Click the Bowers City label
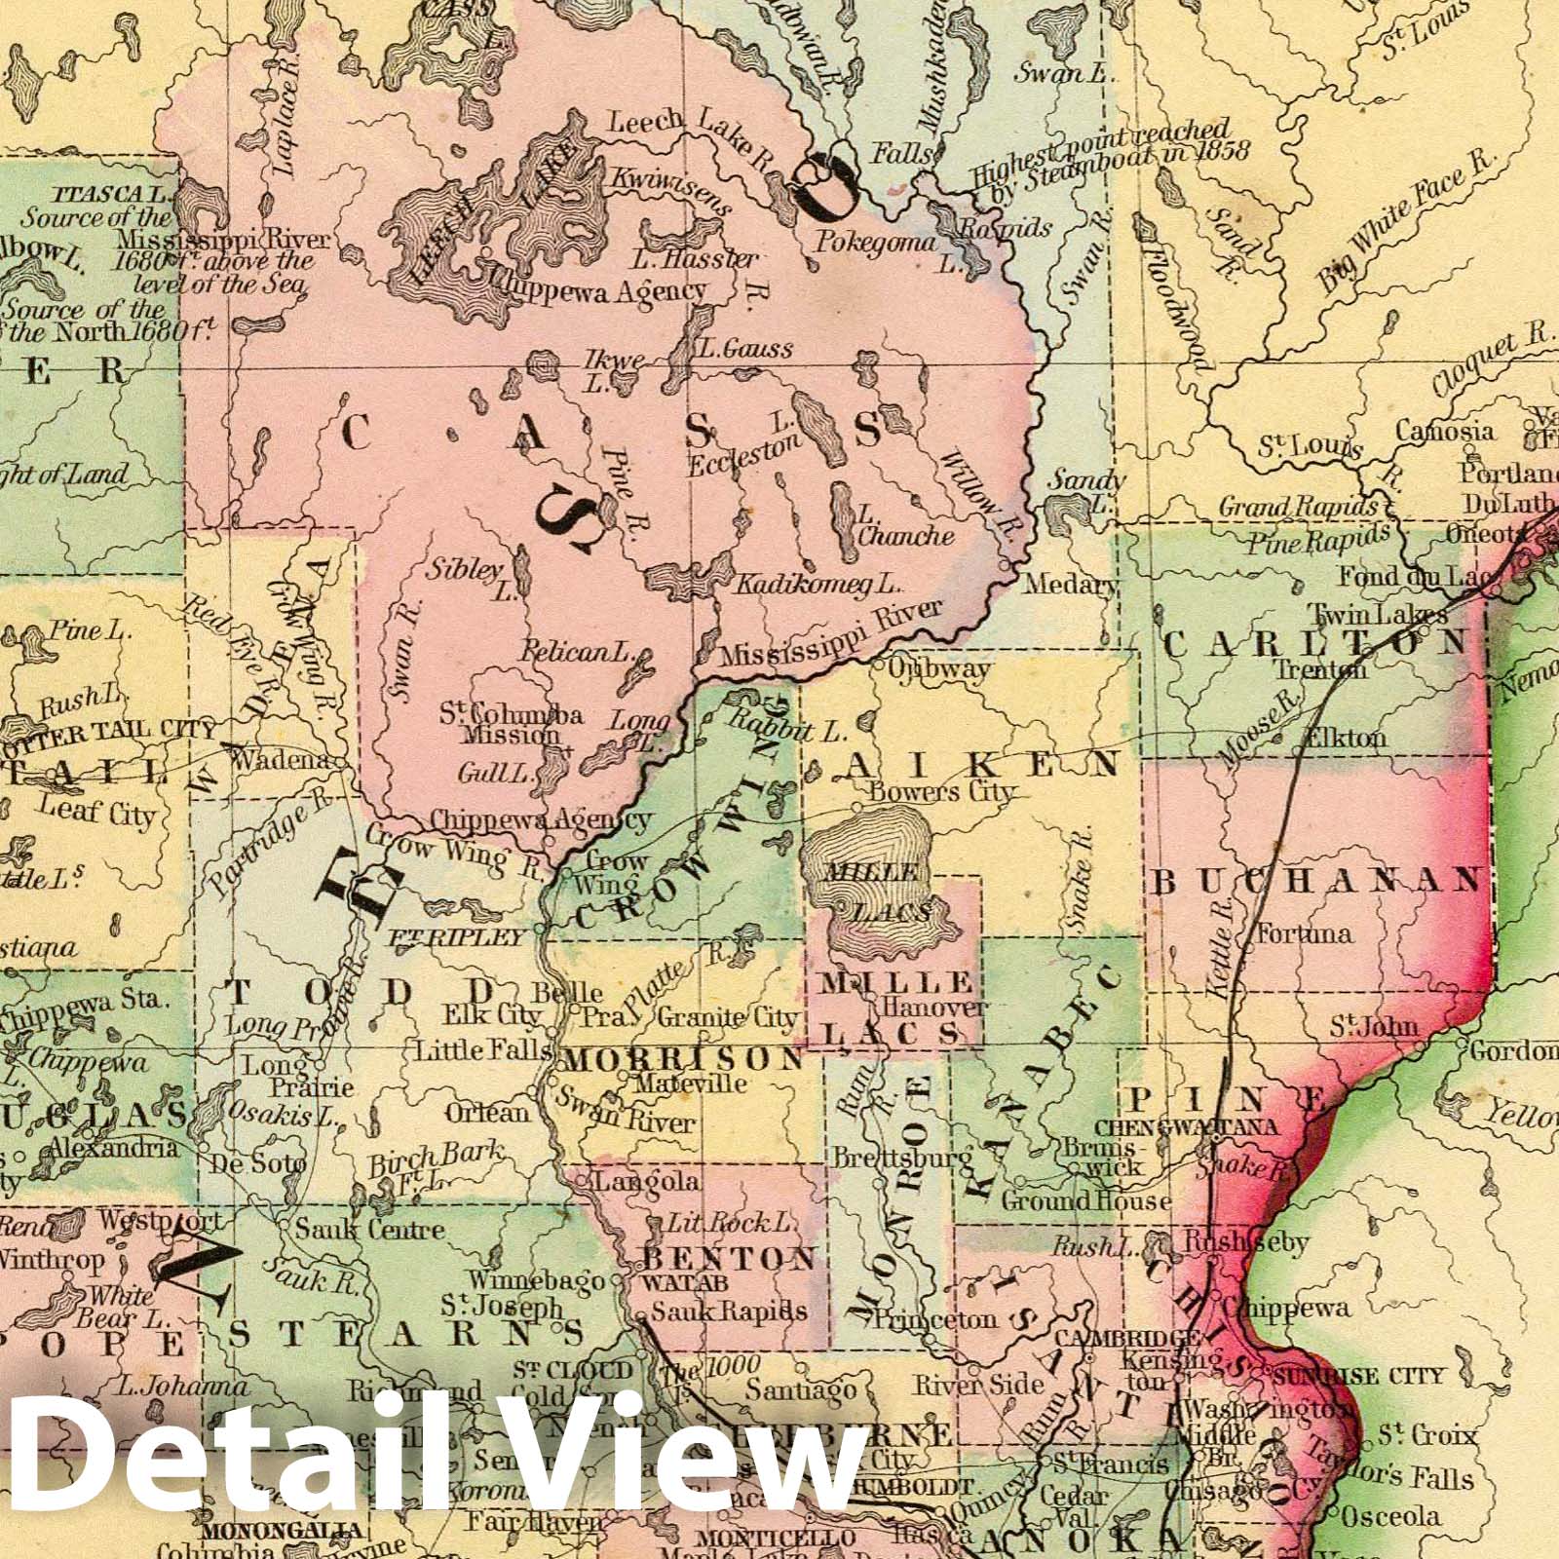tap(941, 791)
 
